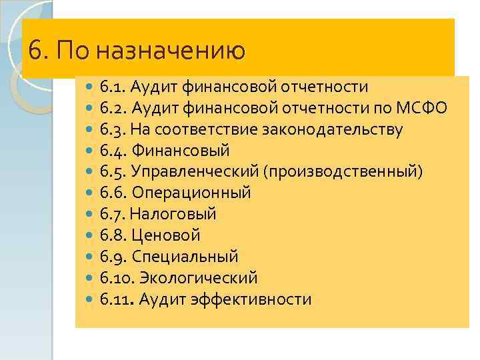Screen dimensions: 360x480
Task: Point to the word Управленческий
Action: tap(195, 172)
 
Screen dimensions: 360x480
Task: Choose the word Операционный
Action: tap(191, 193)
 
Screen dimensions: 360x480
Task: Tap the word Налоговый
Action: tap(173, 215)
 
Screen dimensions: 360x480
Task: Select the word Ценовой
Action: tap(166, 235)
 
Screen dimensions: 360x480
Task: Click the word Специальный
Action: tap(185, 257)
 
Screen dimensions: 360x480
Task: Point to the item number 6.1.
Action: tap(112, 87)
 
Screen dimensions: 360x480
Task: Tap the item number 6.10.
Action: tap(115, 278)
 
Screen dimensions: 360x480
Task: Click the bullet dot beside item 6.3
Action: tap(91, 130)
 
